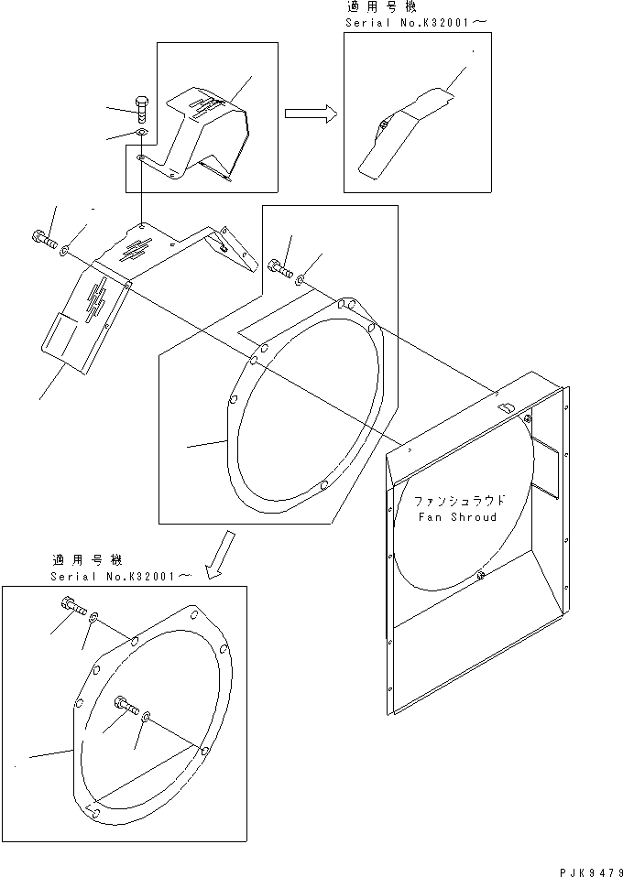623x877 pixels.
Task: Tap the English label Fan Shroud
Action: pyautogui.click(x=457, y=517)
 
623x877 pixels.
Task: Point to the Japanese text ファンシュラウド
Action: pyautogui.click(x=459, y=502)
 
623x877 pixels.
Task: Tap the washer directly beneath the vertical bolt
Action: pyautogui.click(x=140, y=135)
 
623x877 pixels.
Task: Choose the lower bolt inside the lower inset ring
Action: pyautogui.click(x=126, y=706)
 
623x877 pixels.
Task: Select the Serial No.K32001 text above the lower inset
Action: pyautogui.click(x=122, y=575)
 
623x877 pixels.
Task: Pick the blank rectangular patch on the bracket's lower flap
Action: pyautogui.click(x=59, y=336)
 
